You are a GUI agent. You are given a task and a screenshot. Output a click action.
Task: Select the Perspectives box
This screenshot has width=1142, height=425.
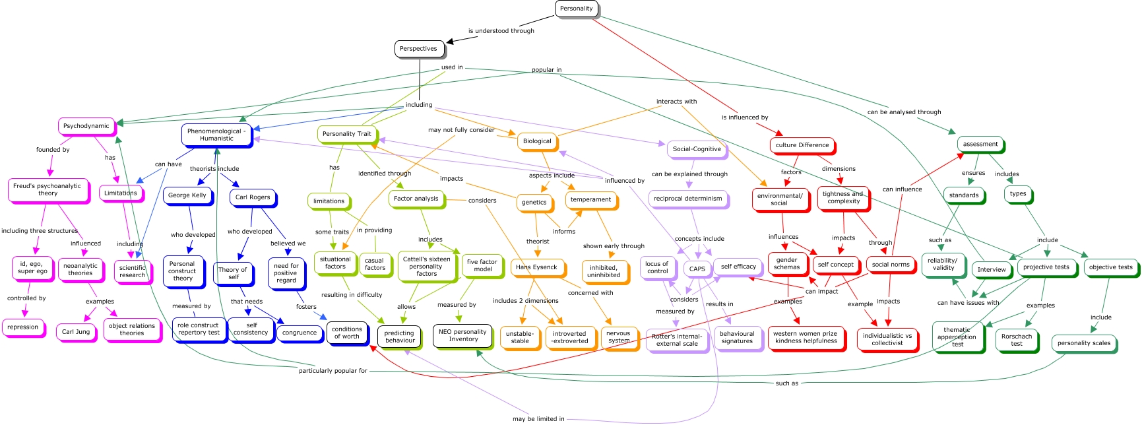[419, 49]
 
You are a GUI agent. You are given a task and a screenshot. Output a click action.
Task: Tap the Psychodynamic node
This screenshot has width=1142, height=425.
[87, 126]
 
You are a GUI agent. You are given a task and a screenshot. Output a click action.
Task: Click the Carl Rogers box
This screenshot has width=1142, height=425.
[253, 197]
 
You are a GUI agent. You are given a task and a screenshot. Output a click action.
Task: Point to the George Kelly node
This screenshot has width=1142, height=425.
[188, 196]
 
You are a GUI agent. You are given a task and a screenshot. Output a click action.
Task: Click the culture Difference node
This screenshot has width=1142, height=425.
[803, 146]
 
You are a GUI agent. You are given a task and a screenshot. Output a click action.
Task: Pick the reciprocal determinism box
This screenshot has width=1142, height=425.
[689, 199]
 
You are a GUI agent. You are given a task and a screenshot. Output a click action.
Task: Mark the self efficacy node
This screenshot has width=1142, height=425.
[739, 267]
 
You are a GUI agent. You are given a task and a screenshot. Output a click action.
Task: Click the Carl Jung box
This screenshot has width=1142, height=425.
[77, 333]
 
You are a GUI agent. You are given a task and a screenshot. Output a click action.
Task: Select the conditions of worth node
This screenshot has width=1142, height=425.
[348, 333]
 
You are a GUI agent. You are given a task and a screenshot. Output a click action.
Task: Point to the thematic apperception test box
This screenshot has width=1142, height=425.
[958, 337]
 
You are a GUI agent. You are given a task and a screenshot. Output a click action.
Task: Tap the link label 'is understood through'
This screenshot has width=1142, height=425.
[501, 31]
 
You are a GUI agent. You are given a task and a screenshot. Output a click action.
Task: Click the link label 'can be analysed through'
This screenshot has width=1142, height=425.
[904, 112]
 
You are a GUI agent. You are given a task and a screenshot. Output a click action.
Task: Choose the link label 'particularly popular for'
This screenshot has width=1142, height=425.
[333, 371]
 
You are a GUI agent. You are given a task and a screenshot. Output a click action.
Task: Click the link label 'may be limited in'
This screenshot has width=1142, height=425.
[538, 419]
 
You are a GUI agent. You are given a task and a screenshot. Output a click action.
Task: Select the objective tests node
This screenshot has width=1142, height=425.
[1112, 268]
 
